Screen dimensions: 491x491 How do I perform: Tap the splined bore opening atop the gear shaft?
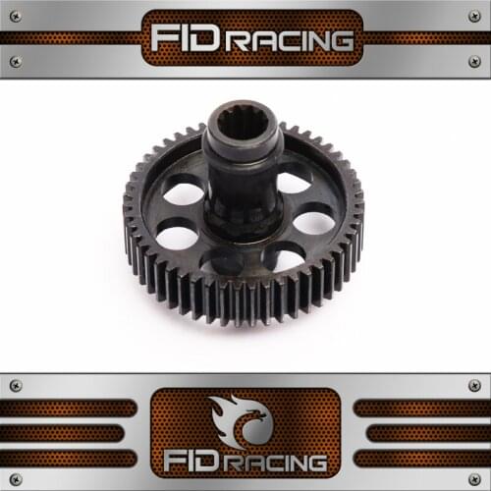(243, 124)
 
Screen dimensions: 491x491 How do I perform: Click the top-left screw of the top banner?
(16, 16)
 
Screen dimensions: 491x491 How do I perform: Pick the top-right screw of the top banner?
(474, 16)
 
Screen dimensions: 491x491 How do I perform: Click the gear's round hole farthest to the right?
(313, 222)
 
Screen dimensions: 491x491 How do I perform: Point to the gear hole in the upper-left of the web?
(184, 193)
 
